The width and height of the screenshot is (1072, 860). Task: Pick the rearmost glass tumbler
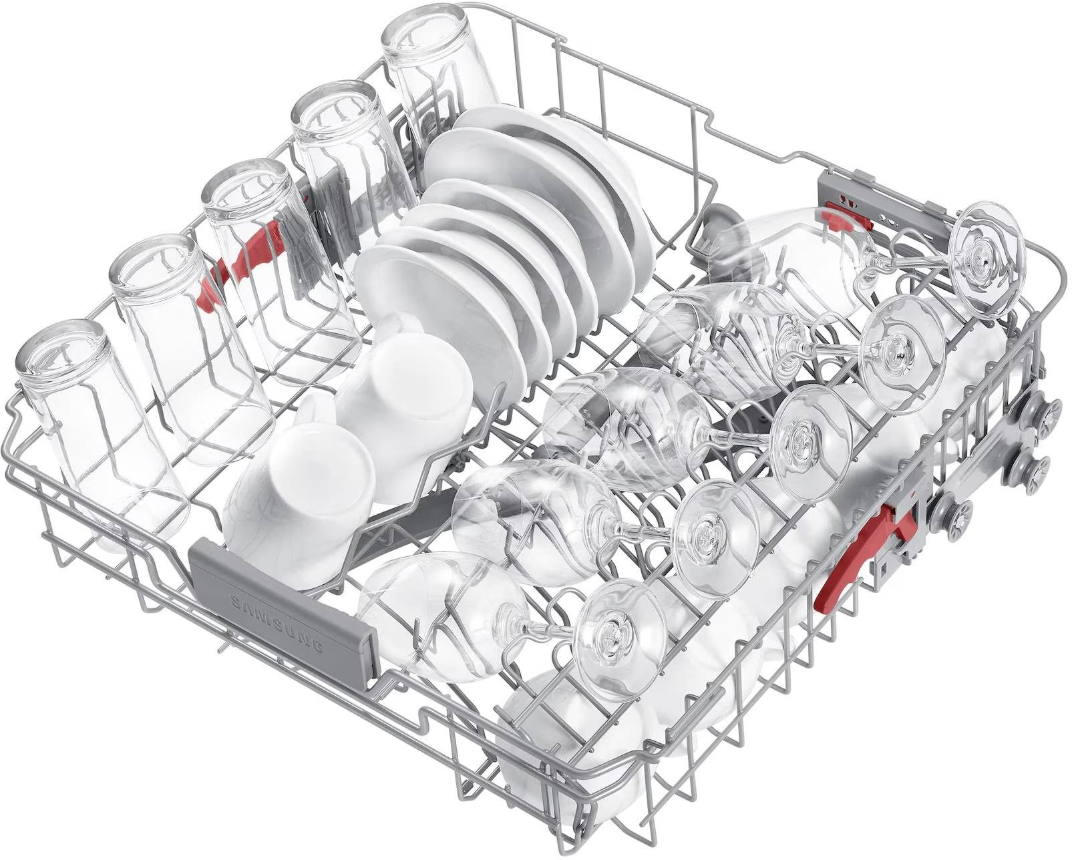pos(438,65)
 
